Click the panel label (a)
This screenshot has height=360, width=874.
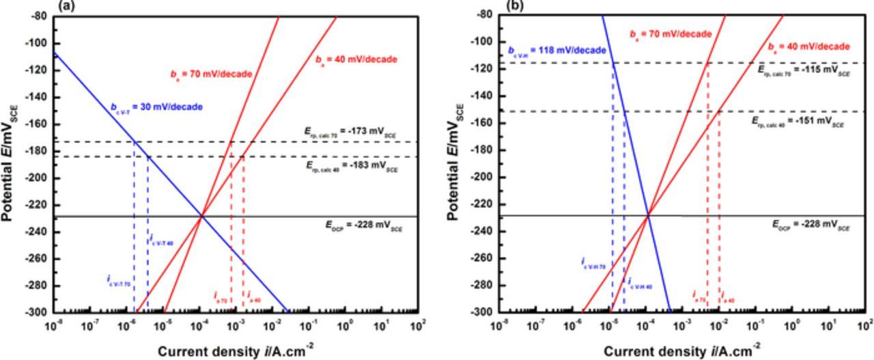tap(66, 5)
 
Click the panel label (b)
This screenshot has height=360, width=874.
tap(513, 5)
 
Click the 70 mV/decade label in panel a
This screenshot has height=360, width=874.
tap(211, 73)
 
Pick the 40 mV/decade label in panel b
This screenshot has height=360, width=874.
tap(809, 47)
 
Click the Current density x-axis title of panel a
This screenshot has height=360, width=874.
tap(236, 351)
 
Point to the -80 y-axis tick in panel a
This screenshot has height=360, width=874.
tap(37, 16)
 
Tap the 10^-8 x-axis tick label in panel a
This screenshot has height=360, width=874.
tap(53, 326)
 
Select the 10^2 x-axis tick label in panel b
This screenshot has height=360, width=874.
tap(865, 326)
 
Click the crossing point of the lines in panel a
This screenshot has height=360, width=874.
tap(201, 217)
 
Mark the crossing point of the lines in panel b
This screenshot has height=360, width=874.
tap(647, 217)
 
